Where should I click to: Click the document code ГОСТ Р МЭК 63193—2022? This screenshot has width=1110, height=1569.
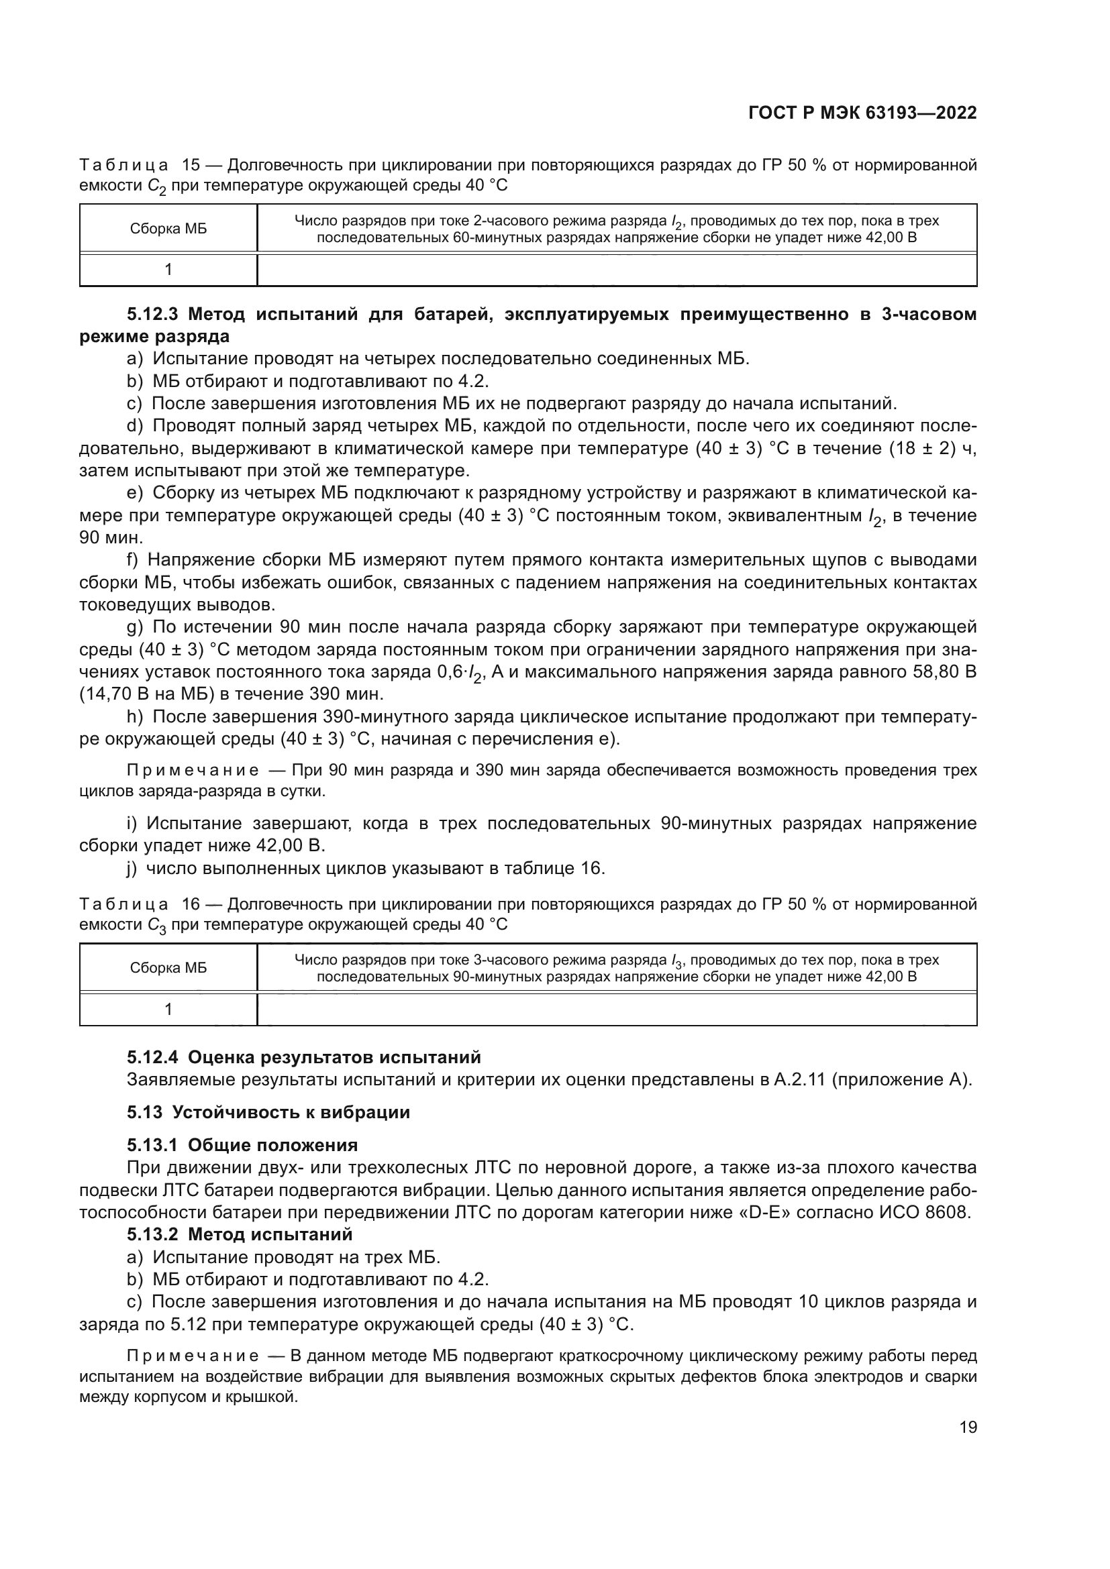862,113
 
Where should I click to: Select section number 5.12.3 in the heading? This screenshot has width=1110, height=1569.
152,315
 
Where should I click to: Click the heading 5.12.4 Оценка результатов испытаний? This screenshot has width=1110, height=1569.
303,1057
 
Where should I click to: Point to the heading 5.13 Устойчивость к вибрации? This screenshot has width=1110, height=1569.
268,1112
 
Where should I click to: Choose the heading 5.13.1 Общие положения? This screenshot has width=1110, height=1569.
242,1144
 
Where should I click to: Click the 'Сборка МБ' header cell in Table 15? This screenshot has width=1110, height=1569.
168,229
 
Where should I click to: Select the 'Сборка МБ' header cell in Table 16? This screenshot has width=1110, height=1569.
168,968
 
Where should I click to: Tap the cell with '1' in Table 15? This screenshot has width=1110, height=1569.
168,270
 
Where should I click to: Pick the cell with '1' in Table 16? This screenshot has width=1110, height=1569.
168,1010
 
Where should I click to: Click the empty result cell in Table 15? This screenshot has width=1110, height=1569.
617,270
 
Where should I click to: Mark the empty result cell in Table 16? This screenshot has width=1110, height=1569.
617,1010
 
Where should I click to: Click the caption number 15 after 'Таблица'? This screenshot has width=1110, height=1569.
191,165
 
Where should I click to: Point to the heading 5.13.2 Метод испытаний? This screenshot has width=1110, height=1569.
239,1234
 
